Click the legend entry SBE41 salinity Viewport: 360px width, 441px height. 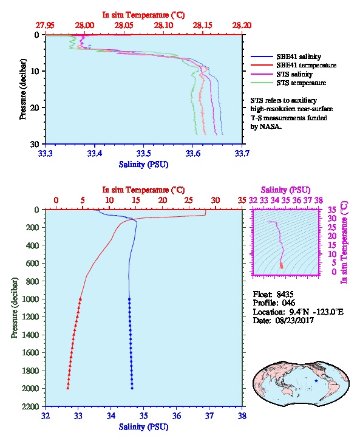(x=299, y=56)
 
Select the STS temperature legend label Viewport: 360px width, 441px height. (x=301, y=83)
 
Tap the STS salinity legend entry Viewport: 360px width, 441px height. (x=294, y=74)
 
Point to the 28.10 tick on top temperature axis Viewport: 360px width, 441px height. (x=163, y=26)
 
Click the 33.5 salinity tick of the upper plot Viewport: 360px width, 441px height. (x=143, y=153)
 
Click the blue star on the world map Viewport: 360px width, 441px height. (x=316, y=381)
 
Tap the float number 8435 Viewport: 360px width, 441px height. (x=285, y=294)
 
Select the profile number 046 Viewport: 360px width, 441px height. (x=288, y=303)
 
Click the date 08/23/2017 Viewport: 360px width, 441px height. (x=294, y=320)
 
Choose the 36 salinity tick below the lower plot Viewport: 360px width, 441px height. (x=177, y=415)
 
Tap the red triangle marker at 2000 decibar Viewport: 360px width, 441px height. (x=68, y=388)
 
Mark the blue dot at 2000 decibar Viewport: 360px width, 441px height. (x=132, y=388)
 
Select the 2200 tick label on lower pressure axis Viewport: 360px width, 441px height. (x=31, y=406)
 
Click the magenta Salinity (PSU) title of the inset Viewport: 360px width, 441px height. (x=285, y=190)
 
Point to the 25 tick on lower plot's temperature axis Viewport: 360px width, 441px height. (x=189, y=200)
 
